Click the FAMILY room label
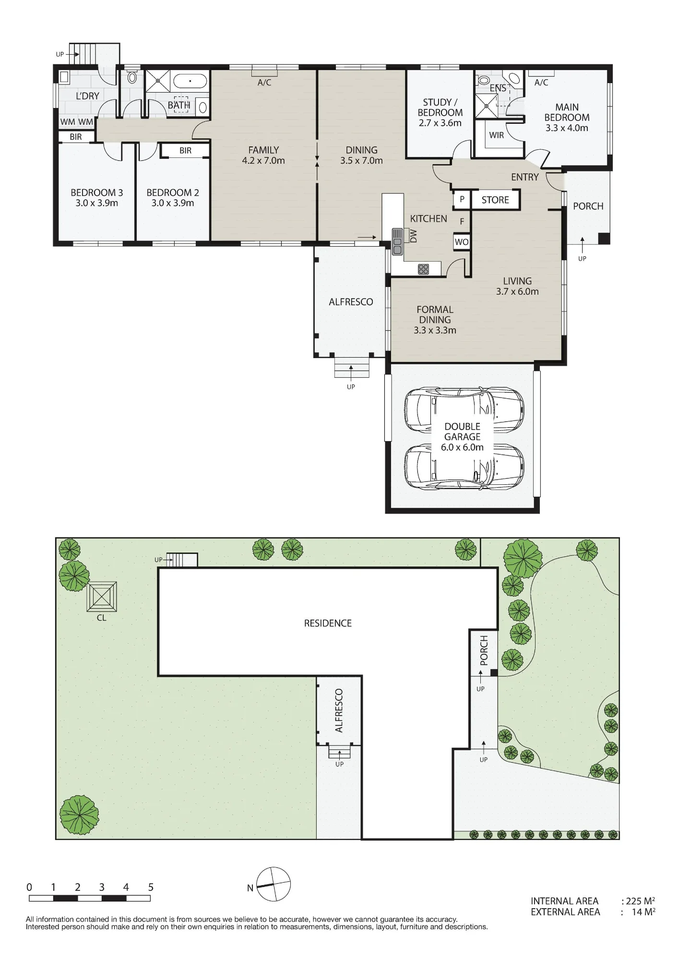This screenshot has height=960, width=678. coord(263,150)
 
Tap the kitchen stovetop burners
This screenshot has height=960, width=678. coord(423,269)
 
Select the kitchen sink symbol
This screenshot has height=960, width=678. coord(397,241)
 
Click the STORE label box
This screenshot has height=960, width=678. coord(495,200)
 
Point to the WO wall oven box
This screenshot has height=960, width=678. coord(462,242)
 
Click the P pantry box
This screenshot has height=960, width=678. coord(462,199)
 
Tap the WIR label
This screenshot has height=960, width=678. coord(497,135)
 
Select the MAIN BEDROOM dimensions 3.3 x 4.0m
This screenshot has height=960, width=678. coord(567,128)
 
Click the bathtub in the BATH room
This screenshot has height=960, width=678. coord(190,81)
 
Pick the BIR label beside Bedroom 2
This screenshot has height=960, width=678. coord(186,151)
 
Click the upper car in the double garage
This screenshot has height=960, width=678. coord(464,410)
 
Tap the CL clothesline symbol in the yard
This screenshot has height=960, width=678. coord(102,597)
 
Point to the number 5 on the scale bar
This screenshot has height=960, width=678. coord(151,887)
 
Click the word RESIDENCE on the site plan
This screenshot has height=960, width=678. coord(328,623)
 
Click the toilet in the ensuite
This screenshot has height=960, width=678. coord(484,80)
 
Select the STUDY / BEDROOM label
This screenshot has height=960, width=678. coord(440,108)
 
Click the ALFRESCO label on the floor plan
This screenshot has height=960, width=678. coord(351,302)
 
